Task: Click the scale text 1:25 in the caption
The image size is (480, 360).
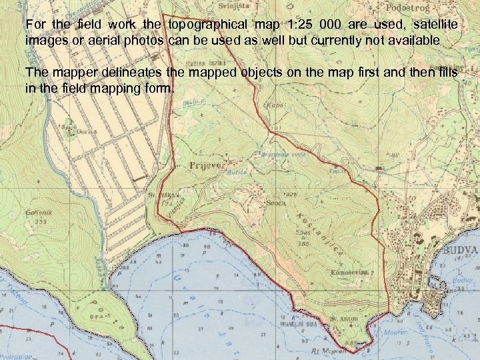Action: (x=302, y=25)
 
